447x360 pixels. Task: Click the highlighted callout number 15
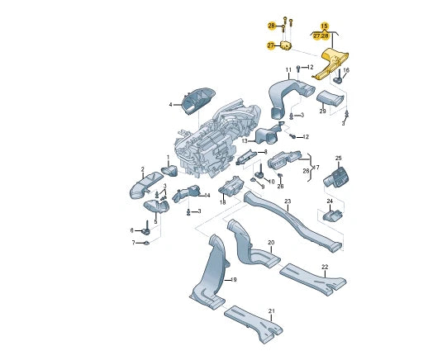(x=324, y=26)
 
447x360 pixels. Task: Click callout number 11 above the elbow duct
(x=289, y=69)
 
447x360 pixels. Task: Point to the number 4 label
(x=171, y=105)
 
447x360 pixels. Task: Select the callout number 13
(x=245, y=141)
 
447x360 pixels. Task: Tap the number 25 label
(x=338, y=158)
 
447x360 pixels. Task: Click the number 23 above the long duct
(x=288, y=201)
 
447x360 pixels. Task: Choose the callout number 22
(x=325, y=266)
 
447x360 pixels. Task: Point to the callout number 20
(x=270, y=242)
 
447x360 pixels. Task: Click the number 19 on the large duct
(x=234, y=281)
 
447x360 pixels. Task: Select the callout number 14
(x=207, y=196)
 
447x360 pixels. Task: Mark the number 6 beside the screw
(x=131, y=230)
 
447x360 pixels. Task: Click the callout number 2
(x=142, y=168)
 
